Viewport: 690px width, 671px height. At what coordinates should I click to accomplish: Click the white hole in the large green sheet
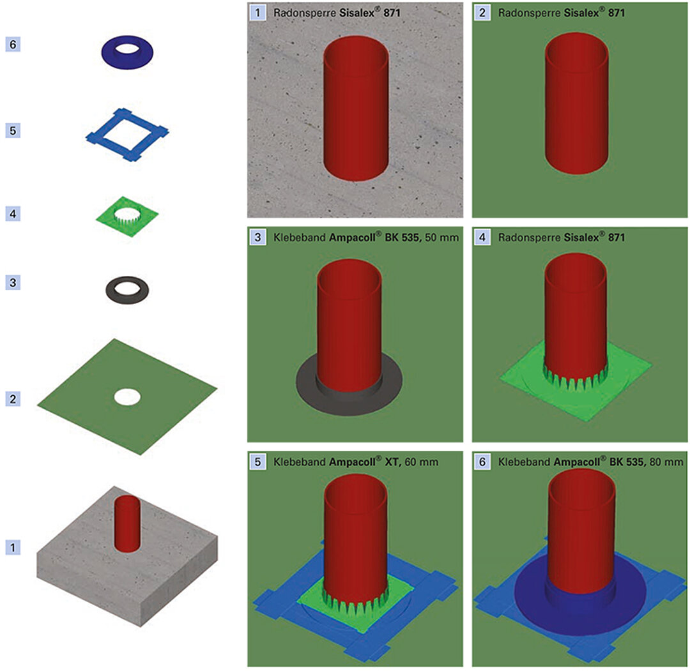pyautogui.click(x=127, y=396)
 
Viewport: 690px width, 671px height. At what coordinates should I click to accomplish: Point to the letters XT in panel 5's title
pyautogui.click(x=390, y=462)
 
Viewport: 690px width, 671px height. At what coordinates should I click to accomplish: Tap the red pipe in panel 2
pyautogui.click(x=576, y=102)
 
